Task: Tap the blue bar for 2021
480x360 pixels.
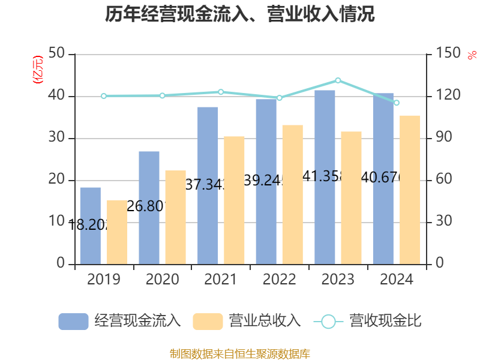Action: coord(208,185)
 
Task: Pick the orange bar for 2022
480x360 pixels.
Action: coord(293,194)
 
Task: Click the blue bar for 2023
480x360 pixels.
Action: coord(325,177)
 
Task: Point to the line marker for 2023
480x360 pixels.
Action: coord(338,80)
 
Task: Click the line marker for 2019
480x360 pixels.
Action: coord(104,96)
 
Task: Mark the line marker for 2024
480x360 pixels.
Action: coord(396,103)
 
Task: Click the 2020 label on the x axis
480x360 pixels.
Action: coord(162,280)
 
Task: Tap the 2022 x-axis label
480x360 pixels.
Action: coord(279,280)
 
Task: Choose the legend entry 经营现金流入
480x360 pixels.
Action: coord(120,321)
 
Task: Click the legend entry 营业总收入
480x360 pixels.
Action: coord(247,321)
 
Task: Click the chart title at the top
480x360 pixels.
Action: coord(240,14)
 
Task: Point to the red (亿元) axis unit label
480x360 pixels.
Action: coord(38,69)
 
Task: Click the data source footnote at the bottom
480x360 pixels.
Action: coord(240,353)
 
